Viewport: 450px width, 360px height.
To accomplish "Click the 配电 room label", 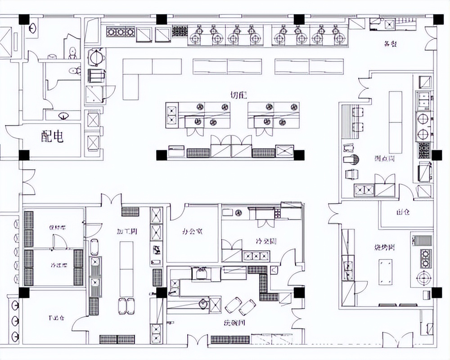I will pyautogui.click(x=52, y=137).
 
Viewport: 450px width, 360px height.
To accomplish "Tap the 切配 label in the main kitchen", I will pyautogui.click(x=239, y=95).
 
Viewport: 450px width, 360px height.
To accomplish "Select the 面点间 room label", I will pyautogui.click(x=384, y=159).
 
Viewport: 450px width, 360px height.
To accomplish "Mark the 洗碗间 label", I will pyautogui.click(x=234, y=323).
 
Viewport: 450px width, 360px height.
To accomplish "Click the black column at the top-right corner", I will pyautogui.click(x=437, y=19).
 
